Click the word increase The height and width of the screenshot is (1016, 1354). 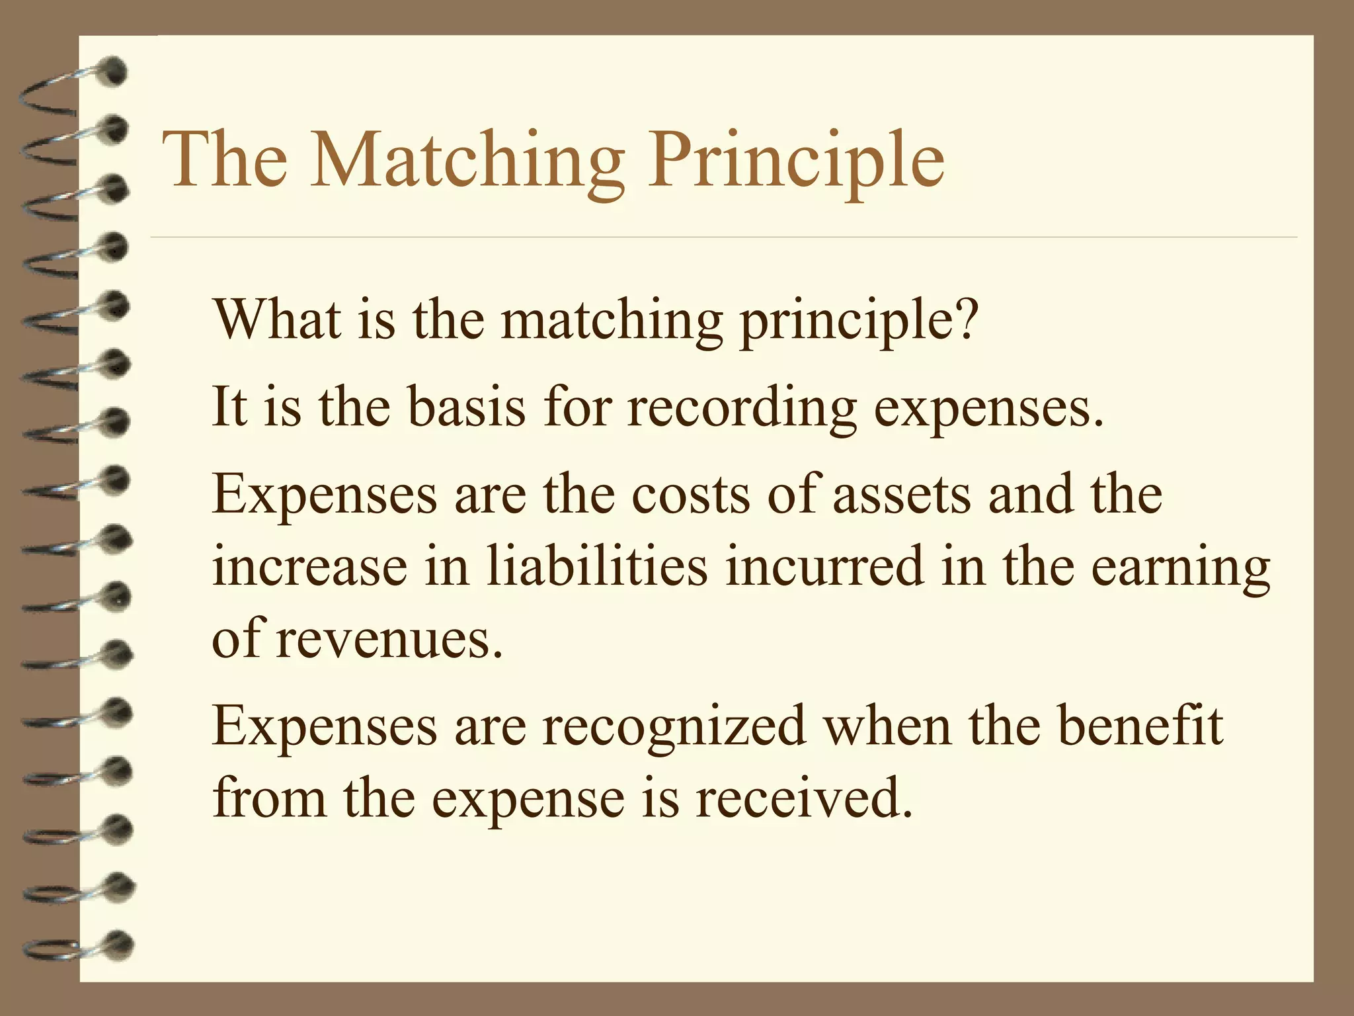click(309, 568)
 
